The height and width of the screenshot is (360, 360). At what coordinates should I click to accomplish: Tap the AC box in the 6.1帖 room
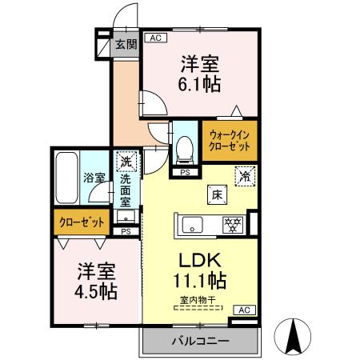click(x=154, y=38)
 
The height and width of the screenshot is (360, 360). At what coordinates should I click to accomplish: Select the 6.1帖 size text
click(x=200, y=82)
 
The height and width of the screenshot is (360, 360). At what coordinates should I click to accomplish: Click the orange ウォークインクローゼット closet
click(x=230, y=142)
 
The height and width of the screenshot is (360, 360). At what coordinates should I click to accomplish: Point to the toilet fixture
click(x=185, y=146)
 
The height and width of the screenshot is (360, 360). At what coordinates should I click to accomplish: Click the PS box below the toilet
click(x=185, y=172)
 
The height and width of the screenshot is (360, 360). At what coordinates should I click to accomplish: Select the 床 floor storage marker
click(x=216, y=194)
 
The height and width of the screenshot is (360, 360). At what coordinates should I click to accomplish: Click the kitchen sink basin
click(x=194, y=225)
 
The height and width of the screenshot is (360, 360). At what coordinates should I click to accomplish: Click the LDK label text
click(x=199, y=260)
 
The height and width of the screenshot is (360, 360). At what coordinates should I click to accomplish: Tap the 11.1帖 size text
click(x=199, y=282)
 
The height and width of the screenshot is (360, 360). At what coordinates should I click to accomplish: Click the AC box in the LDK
click(x=244, y=310)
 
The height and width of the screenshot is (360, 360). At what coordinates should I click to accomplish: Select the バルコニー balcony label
click(x=199, y=342)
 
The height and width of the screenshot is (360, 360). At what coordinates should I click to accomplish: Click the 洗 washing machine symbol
click(x=126, y=162)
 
